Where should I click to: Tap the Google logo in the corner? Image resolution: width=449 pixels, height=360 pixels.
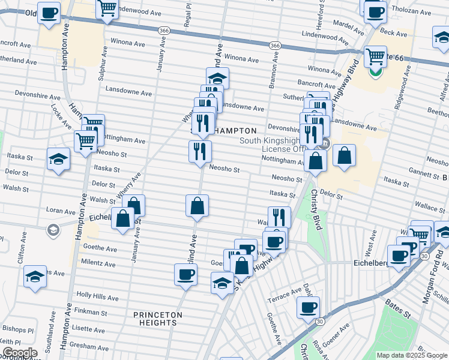coord(19,353)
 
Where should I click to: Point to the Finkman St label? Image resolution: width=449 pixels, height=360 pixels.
coord(91,313)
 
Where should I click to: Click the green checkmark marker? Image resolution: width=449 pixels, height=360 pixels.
coord(375,73)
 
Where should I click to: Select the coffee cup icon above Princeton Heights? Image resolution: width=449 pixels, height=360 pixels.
coord(185,275)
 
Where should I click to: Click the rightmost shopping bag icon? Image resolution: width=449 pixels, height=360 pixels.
coord(345,155)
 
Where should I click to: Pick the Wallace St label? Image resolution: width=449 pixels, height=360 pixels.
coord(429,207)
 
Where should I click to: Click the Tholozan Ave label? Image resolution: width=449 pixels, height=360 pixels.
coord(421,10)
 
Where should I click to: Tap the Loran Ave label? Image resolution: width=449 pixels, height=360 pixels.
coord(61,211)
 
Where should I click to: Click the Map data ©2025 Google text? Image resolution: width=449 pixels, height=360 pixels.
coord(411,355)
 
